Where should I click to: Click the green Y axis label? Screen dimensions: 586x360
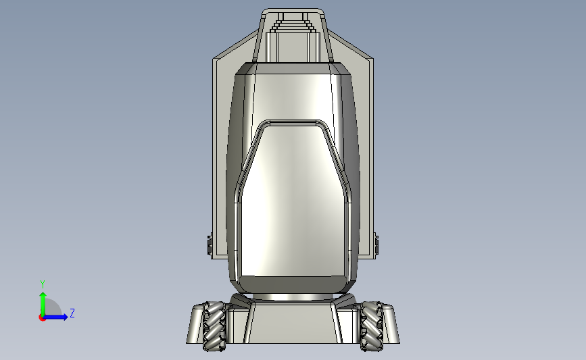point(43,284)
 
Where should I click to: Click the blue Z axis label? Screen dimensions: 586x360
point(72,313)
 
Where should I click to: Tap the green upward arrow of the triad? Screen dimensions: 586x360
point(43,305)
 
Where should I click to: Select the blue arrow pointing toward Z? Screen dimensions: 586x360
point(55,317)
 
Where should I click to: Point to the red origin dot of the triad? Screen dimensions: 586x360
point(42,318)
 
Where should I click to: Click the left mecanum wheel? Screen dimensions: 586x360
point(214,326)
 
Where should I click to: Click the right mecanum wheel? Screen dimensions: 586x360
point(372,326)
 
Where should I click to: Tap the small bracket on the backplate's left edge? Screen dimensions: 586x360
point(210,244)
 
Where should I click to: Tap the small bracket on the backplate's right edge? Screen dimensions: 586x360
point(376,244)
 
